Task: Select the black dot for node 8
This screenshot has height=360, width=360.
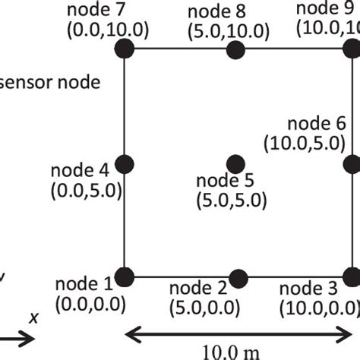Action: [235, 50]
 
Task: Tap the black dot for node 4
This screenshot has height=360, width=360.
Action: [125, 163]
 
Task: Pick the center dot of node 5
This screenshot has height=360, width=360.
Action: [235, 163]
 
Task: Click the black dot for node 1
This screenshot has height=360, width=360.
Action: [125, 276]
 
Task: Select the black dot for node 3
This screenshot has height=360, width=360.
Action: [352, 276]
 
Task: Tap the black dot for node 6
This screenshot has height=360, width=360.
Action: [352, 163]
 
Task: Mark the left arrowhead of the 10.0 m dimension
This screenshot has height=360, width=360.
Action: [131, 333]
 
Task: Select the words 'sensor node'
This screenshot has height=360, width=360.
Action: [50, 81]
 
